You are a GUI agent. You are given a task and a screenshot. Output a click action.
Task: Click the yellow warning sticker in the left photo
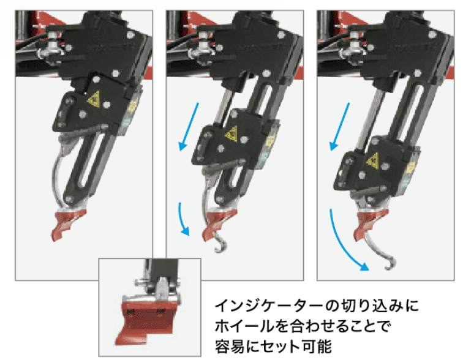tap(94, 98)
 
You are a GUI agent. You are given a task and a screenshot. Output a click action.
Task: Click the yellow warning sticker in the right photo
tap(372, 161)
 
